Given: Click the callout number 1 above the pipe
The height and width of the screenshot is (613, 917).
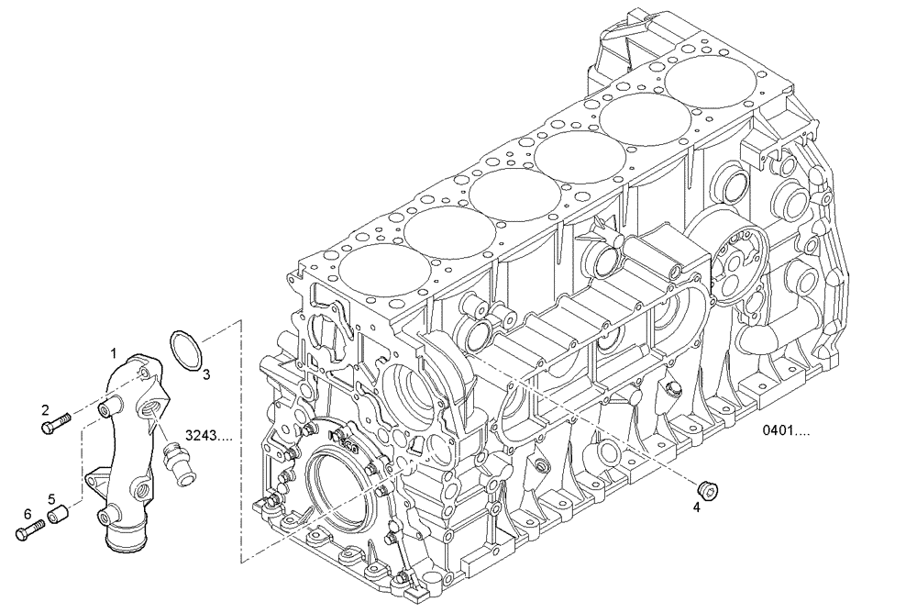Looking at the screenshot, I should click(x=114, y=352).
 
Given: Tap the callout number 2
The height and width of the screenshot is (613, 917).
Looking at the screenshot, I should click(x=44, y=408).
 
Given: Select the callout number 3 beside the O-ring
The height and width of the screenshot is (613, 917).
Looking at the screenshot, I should click(x=206, y=373).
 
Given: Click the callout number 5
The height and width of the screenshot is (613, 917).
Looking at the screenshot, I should click(x=51, y=499).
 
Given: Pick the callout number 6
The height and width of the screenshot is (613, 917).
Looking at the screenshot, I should click(x=28, y=513).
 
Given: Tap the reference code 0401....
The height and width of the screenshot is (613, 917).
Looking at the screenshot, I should click(x=786, y=429).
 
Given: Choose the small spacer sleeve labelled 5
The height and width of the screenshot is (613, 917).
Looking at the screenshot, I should click(x=59, y=518).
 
